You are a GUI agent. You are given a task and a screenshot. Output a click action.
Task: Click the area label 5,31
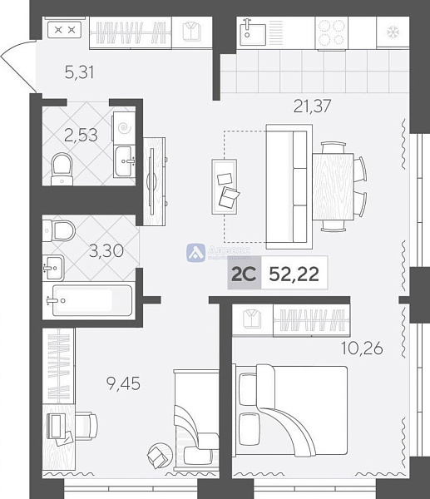[x=79, y=72]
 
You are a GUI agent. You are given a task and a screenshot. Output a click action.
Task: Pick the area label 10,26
[x=362, y=348]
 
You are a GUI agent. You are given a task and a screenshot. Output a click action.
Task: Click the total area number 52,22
[x=294, y=275]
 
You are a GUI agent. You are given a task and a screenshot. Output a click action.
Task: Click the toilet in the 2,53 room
[x=61, y=168]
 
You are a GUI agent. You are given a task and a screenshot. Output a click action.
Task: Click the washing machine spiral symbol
[x=124, y=128]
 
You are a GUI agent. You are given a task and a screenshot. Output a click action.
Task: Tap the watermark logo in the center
[x=196, y=252]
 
